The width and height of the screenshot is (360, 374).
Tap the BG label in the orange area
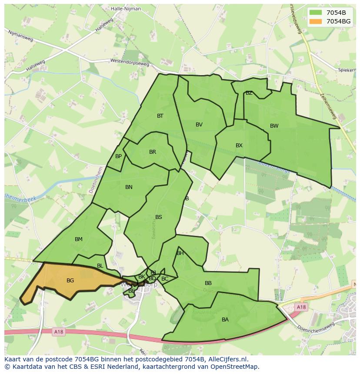pos(70,281)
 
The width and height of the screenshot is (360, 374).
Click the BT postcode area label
pos(160,116)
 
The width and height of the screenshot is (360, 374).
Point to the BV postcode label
pos(199,125)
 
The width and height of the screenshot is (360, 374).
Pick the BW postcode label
pos(274,126)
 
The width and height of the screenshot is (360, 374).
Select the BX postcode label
pos(239,146)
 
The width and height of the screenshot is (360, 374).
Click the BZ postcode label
pos(249,93)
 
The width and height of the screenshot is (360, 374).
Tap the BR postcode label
pos(152,152)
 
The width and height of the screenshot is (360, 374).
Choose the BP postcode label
pos(118,156)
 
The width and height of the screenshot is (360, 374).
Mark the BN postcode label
pos(129,187)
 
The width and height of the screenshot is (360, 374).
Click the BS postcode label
pos(159,217)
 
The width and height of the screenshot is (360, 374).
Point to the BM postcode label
pos(78,239)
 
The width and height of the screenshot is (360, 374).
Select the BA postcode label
pos(225,320)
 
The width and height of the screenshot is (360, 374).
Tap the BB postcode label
pos(208,283)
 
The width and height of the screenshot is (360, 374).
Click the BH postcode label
pos(180,253)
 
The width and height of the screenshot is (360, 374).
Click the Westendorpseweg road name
pos(130,63)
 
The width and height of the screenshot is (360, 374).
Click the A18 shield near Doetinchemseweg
pos(301,307)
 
